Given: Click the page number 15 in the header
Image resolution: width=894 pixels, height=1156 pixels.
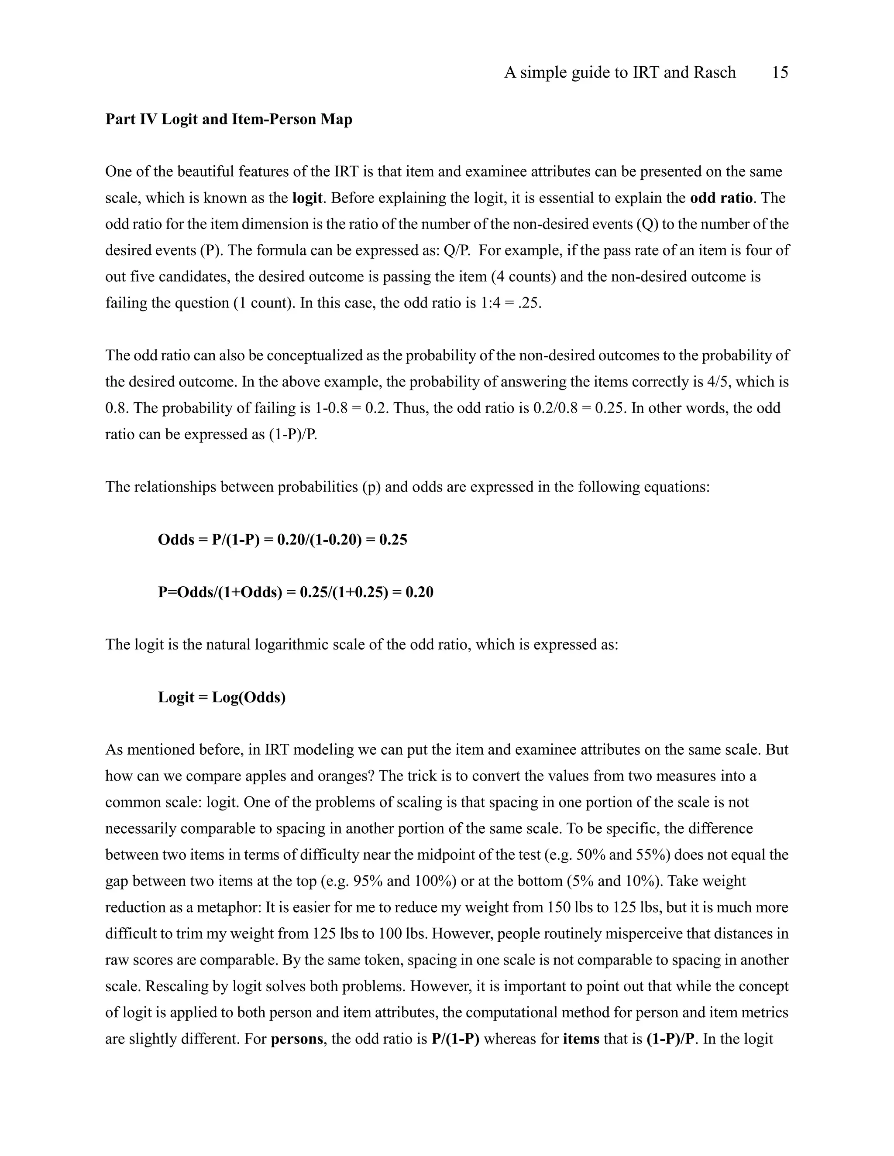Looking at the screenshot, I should pos(780,72).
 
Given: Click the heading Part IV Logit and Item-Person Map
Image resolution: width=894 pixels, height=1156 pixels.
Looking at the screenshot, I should pos(228,119).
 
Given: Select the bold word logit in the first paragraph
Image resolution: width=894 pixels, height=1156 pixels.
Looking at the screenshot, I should pos(307,198).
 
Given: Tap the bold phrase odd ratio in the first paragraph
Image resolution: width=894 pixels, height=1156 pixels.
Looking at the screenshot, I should pos(721,198).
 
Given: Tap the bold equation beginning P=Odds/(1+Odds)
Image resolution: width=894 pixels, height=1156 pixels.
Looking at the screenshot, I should pos(296,592).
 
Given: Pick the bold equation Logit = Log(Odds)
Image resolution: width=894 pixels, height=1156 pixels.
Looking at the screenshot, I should pos(221,697).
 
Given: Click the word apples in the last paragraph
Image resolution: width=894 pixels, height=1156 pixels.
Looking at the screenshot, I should pos(280,776).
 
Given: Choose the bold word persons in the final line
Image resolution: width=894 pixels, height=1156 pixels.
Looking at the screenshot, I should pos(296,1039).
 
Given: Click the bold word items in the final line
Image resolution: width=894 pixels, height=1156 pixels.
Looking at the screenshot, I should pos(581,1039).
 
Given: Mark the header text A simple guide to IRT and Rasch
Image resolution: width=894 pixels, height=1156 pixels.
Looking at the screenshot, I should pos(620,72).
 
